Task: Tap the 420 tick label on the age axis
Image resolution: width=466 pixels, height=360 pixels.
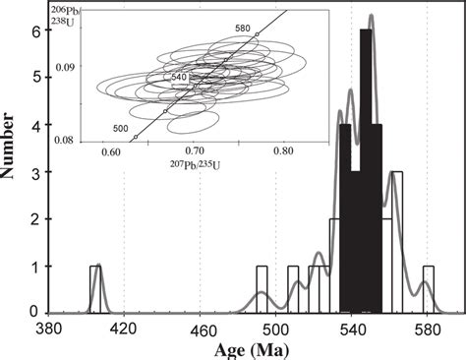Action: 124,330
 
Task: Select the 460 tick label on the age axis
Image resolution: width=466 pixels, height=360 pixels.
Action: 201,330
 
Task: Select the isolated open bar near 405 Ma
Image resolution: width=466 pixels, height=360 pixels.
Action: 95,289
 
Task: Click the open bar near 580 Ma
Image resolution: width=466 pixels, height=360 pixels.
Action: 429,289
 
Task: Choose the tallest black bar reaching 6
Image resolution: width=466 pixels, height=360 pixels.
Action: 366,172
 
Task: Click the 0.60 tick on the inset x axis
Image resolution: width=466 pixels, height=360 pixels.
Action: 110,152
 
